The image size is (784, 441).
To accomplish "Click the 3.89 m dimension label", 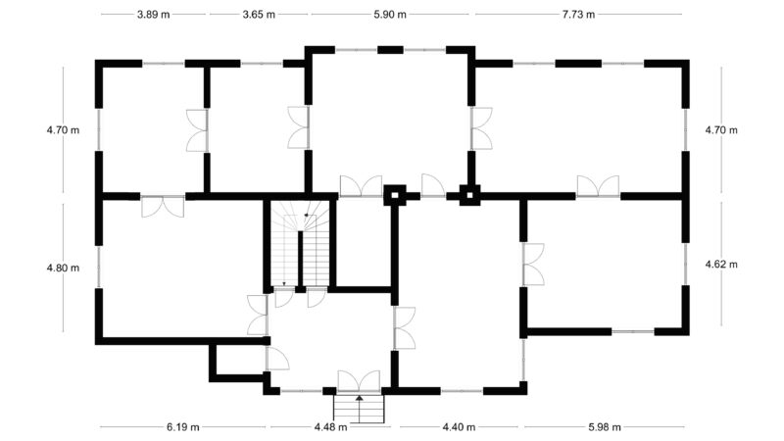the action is (154, 15).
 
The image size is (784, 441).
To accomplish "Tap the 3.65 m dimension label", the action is (259, 15).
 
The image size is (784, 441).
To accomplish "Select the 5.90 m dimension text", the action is (390, 15).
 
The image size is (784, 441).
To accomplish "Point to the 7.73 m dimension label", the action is (578, 15).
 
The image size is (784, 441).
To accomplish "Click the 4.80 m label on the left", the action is (63, 268).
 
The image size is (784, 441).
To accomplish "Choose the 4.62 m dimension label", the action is (721, 264).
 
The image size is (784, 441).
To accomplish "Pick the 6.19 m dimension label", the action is (183, 427).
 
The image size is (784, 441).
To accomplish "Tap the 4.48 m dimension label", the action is (331, 427).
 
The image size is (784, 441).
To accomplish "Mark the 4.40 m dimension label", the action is (459, 427).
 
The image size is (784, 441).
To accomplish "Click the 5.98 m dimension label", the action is (605, 427).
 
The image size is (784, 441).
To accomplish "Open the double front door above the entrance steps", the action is (359, 381).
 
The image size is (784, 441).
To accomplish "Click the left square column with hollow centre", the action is (395, 195).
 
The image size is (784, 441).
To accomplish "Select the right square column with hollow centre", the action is (469, 195).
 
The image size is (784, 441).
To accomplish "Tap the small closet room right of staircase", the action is (363, 242).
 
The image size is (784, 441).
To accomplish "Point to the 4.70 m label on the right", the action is (721, 130).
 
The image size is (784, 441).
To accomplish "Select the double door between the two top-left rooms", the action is (197, 130).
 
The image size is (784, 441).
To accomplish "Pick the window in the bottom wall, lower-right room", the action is (633, 331).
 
